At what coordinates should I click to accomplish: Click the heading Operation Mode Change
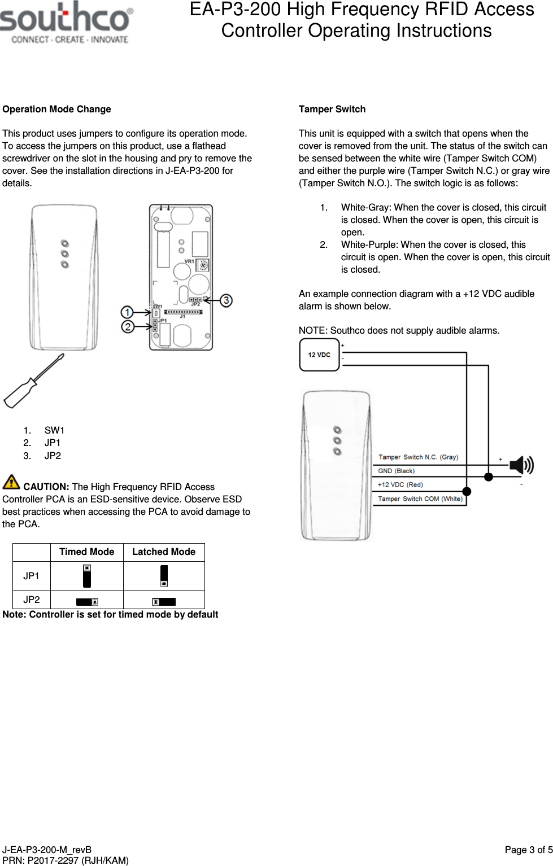(56, 109)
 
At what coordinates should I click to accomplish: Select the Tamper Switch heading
(332, 109)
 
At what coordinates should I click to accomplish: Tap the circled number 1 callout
(128, 312)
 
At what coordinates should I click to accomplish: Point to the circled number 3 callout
(226, 300)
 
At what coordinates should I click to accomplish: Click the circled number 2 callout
(128, 326)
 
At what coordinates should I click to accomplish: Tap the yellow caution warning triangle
(11, 482)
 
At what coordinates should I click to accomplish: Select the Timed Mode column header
(86, 552)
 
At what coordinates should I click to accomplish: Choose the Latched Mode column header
(164, 552)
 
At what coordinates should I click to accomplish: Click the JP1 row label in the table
(32, 576)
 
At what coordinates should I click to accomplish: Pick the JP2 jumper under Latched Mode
(164, 601)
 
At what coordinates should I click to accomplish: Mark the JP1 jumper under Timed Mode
(87, 576)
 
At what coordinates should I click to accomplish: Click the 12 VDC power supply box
(319, 355)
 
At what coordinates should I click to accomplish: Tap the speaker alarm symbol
(521, 465)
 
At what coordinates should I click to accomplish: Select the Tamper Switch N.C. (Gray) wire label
(418, 457)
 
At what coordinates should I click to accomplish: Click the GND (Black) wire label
(396, 471)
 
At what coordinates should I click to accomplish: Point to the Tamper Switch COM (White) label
(420, 498)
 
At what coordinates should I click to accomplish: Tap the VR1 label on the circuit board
(189, 261)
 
